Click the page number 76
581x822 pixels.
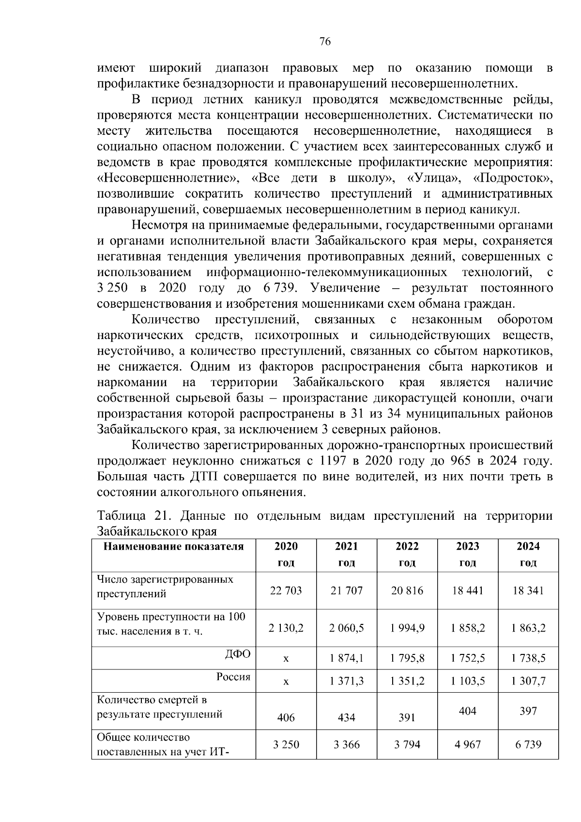[x=325, y=42]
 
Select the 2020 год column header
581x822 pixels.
[x=286, y=555]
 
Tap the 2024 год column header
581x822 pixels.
[x=528, y=555]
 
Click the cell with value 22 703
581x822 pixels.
[x=286, y=590]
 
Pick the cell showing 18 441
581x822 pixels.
[x=467, y=590]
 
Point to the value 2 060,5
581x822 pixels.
[x=347, y=628]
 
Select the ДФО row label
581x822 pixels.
[x=238, y=654]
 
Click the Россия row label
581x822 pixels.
[x=233, y=677]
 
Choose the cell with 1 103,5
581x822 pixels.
[x=467, y=681]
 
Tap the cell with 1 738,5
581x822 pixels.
[x=528, y=658]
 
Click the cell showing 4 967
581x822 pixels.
[x=467, y=744]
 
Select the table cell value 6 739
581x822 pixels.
[x=528, y=744]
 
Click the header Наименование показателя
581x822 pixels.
[x=174, y=547]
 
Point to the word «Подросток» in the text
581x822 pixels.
[x=513, y=179]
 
